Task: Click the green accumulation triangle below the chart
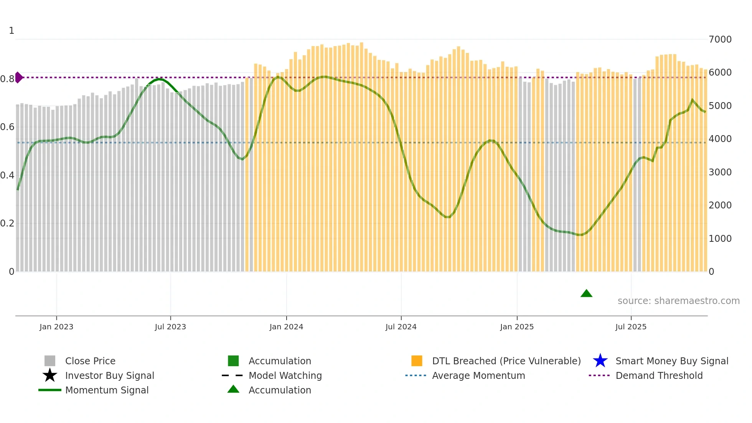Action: [586, 294]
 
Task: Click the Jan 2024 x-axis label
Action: [286, 327]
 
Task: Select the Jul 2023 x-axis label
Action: [170, 327]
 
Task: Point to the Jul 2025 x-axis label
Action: [631, 327]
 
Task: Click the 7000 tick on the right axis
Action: [720, 39]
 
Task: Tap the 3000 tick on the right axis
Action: [720, 172]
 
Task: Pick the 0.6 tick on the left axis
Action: [7, 127]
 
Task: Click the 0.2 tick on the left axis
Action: [7, 223]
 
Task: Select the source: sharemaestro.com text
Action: [678, 301]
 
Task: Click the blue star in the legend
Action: [600, 361]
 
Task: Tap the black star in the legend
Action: [50, 375]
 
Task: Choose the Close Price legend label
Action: [90, 361]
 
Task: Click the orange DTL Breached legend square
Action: [417, 361]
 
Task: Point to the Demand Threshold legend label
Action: [659, 375]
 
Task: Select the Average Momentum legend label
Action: [478, 375]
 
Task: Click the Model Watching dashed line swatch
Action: [233, 375]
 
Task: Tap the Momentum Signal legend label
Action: [107, 390]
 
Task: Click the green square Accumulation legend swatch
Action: [233, 361]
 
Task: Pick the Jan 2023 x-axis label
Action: [56, 327]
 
